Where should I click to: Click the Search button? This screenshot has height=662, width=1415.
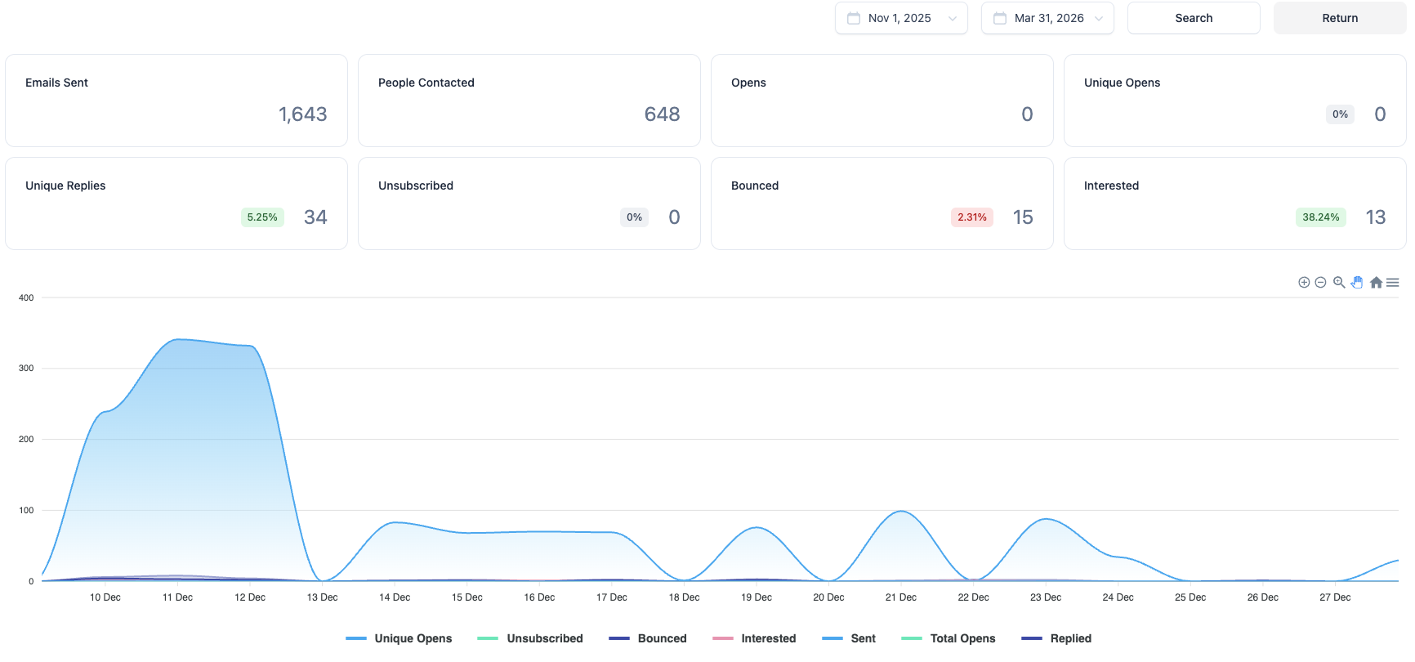coord(1194,18)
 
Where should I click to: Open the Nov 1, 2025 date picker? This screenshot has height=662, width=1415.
coord(901,18)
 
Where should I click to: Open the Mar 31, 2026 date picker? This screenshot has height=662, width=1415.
coord(1047,18)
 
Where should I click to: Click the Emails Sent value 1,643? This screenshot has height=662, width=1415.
coord(302,114)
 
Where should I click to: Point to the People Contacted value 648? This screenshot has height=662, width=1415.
coord(662,114)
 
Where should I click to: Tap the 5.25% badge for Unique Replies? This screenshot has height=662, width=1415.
coord(262,217)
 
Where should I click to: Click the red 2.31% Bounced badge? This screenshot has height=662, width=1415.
coord(972,217)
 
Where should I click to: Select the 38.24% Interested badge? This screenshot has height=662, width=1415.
coord(1321,217)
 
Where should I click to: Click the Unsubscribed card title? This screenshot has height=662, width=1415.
coord(416,186)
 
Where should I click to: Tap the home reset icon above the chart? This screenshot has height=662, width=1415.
coord(1376,283)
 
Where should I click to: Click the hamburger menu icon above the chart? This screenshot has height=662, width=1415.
coord(1393,283)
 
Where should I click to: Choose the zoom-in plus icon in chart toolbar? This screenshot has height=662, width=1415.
coord(1304,283)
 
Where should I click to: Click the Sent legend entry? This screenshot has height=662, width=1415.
coord(849,638)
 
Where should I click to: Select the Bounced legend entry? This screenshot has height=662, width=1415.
coord(648,638)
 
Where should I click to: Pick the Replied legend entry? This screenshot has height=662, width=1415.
coord(1056,638)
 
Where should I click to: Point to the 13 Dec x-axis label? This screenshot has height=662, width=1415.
coord(323,597)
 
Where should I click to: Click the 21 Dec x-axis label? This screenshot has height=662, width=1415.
coord(901,597)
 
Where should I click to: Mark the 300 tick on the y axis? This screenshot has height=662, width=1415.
coord(26,369)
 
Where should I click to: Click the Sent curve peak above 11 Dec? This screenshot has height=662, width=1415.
coord(178,339)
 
